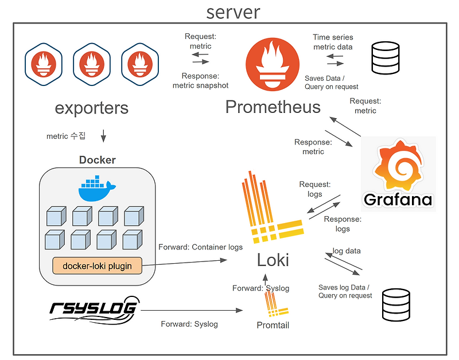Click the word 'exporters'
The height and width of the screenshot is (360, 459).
pos(92,108)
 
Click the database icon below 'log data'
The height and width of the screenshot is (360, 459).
pos(396,304)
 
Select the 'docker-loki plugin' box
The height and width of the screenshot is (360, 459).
pos(97,265)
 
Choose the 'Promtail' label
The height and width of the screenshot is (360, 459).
pos(273,326)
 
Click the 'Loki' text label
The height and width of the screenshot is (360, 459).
pos(273,261)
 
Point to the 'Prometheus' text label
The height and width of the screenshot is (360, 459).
pos(273,107)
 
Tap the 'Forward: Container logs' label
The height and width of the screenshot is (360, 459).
pos(200,247)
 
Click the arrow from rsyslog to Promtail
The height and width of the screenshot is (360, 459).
pos(192,311)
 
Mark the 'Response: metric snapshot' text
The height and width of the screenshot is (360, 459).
pos(200,81)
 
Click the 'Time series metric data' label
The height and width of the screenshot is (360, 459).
pos(333,42)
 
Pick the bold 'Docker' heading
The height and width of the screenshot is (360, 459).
pos(98,160)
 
